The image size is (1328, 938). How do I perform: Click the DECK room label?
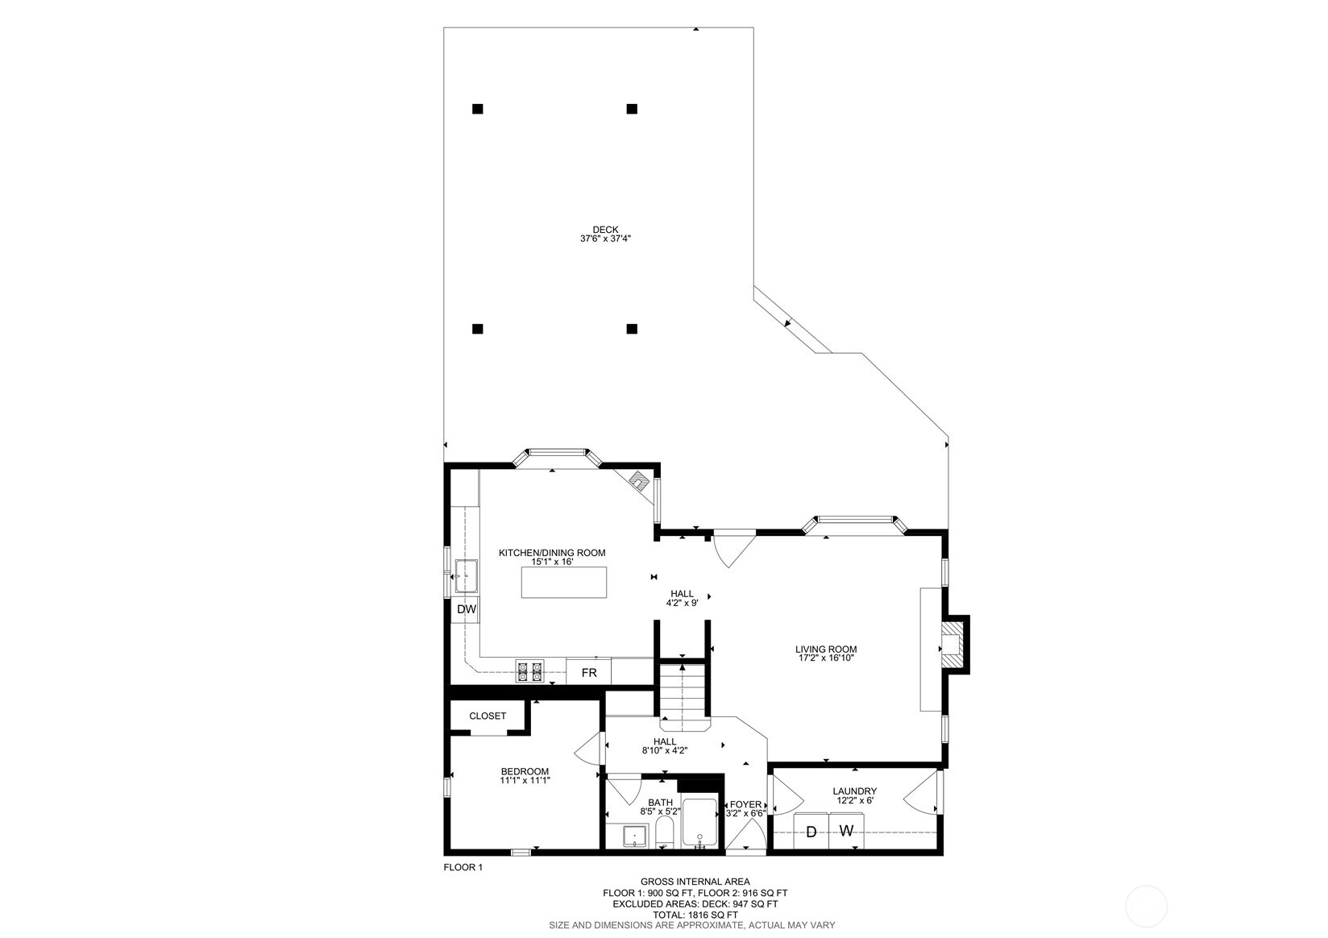[x=605, y=230]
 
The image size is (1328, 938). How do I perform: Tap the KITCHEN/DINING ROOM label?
[x=552, y=553]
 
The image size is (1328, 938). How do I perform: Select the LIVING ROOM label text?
[x=826, y=650]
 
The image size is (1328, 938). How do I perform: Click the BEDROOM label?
[x=525, y=771]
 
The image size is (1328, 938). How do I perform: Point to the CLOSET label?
[x=488, y=716]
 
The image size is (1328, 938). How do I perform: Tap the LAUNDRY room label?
[x=854, y=791]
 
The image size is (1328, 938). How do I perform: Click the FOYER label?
[x=745, y=804]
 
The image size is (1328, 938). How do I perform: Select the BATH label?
[x=660, y=803]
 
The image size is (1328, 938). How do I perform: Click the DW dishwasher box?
[x=466, y=609]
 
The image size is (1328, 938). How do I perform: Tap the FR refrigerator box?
[x=589, y=672]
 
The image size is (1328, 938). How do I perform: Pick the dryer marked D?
[x=811, y=832]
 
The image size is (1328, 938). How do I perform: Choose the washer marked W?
[x=846, y=832]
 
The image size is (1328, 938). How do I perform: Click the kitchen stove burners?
[x=530, y=671]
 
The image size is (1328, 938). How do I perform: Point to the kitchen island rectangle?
[x=564, y=583]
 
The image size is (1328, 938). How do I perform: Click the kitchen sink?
[x=467, y=575]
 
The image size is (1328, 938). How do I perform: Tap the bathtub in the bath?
[x=699, y=823]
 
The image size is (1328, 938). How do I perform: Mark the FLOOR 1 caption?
[x=463, y=867]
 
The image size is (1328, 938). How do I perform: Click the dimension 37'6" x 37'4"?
[x=605, y=239]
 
